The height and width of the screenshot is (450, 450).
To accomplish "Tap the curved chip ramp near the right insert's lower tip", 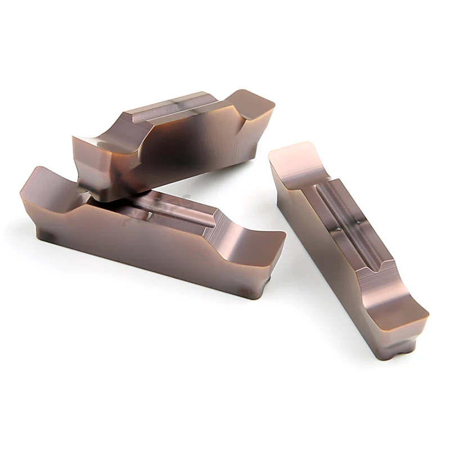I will (388, 292).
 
